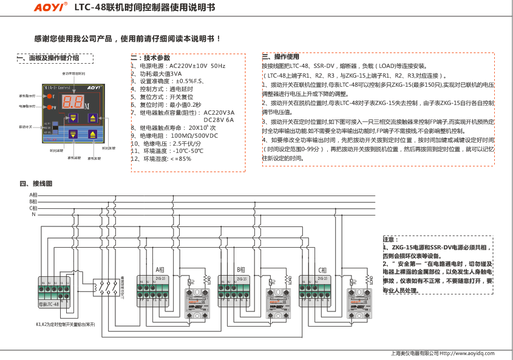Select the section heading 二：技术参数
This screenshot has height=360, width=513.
coord(151,57)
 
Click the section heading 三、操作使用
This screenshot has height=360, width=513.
coord(280,56)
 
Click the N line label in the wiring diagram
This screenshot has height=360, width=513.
coord(33,214)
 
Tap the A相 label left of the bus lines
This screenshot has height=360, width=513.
coord(33,195)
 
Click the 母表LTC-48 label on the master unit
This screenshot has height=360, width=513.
coord(49,304)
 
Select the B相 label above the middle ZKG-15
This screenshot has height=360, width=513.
coord(240,270)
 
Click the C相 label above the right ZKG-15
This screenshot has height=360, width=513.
coord(322,270)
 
